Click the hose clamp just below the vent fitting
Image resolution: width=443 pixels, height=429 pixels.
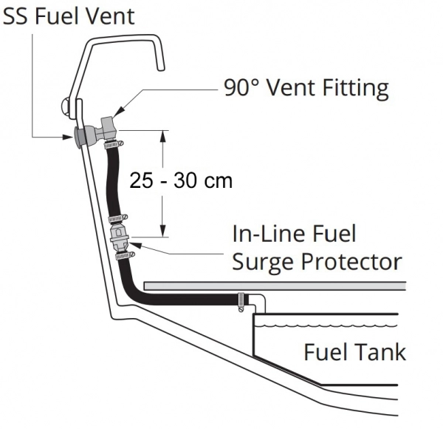(x=113, y=144)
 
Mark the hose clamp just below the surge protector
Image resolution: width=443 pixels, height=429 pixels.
(x=121, y=256)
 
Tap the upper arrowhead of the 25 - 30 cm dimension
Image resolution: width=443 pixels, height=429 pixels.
(x=163, y=134)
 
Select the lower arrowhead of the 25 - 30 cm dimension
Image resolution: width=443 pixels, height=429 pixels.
(x=163, y=231)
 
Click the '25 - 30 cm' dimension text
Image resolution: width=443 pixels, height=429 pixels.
(x=180, y=181)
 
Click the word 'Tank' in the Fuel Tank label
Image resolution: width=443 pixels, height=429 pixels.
(x=380, y=351)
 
